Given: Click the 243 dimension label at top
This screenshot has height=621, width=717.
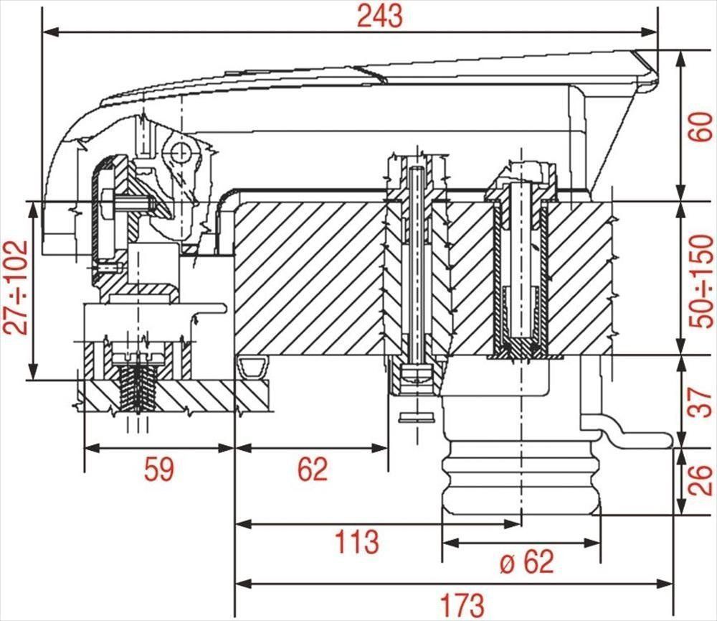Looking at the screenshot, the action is pos(380,17).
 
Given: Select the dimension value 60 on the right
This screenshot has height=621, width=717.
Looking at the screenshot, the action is pos(701,126).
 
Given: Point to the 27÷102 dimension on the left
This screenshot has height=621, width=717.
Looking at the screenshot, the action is pos(16,287).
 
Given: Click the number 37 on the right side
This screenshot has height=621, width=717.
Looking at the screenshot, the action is pos(701,402).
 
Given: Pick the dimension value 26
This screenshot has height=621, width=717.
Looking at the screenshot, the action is pos(701,480).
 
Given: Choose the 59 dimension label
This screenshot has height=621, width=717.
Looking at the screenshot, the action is pos(159,469).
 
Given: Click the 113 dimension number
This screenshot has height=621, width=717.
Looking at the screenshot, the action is pos(357,541).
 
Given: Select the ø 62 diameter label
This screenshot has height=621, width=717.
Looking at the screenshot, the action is pos(527,561).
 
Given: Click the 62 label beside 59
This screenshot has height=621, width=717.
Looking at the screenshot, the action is pos(313,469).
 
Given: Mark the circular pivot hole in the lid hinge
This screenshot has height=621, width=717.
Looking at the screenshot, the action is pos(180,151).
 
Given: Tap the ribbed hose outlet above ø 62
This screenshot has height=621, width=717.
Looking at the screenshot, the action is pos(521,477).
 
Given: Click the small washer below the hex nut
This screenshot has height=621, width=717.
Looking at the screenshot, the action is pos(416,417).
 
